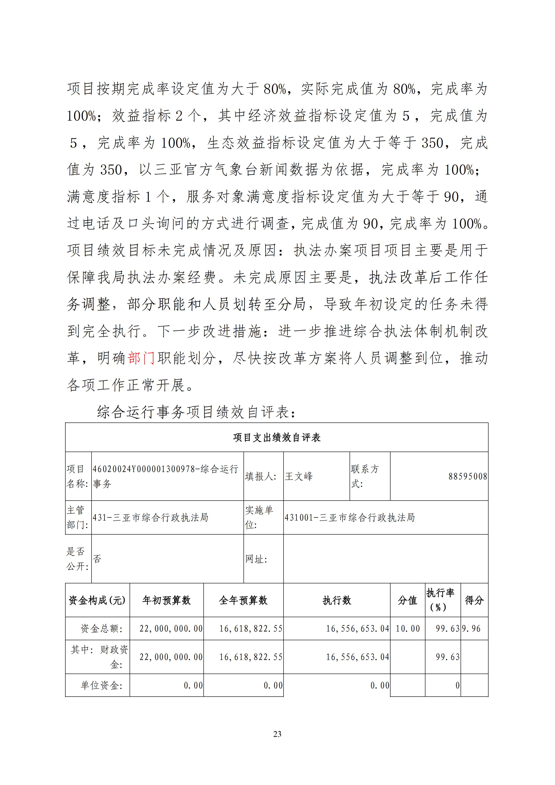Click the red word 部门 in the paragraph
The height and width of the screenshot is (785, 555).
click(141, 358)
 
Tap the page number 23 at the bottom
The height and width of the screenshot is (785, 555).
click(277, 734)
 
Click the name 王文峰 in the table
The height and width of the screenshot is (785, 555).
click(299, 476)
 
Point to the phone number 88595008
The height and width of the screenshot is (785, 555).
click(467, 476)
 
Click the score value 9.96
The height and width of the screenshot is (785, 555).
click(471, 628)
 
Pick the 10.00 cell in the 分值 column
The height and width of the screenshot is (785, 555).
click(408, 628)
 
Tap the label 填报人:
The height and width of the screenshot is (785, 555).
click(260, 476)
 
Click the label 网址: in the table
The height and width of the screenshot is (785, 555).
click(256, 559)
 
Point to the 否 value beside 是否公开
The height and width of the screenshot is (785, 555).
click(97, 559)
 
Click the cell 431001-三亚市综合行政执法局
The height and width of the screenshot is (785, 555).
click(350, 518)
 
